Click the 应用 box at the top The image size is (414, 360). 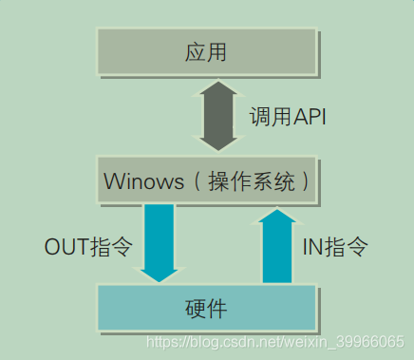pos(207,52)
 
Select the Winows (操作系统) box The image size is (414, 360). pos(207,180)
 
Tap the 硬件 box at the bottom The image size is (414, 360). pos(207,309)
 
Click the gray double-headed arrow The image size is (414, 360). pos(220,116)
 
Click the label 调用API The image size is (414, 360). pos(287,117)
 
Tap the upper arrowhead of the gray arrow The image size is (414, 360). pos(220,90)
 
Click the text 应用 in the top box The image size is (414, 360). pos(207,52)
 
